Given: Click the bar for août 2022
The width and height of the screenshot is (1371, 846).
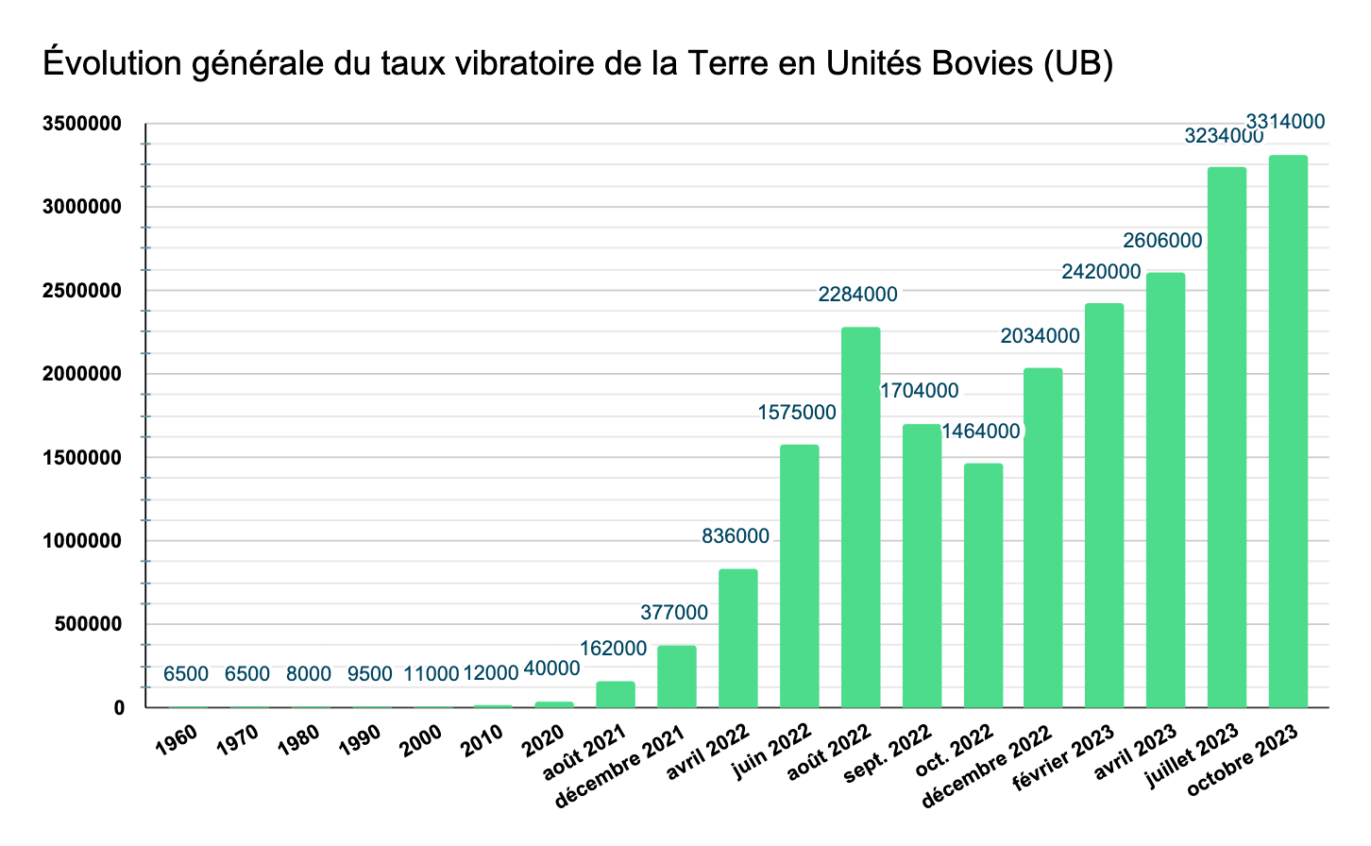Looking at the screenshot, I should (x=860, y=517).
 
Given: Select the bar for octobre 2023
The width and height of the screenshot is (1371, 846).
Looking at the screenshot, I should (x=1288, y=431).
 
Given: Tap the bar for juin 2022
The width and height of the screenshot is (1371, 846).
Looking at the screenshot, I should (x=799, y=576).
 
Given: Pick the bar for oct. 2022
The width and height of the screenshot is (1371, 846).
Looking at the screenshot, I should (x=983, y=585).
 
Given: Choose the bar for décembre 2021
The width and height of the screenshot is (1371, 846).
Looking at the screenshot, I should (x=677, y=676).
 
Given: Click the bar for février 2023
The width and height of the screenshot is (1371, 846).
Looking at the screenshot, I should (x=1105, y=505).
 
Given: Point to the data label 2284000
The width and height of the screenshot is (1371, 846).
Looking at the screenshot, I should (x=857, y=295).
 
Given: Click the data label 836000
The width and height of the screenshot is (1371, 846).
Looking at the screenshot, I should (x=736, y=536).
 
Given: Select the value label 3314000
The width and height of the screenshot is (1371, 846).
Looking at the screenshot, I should (x=1285, y=122).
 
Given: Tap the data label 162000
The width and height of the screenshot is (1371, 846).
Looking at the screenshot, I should (x=613, y=649).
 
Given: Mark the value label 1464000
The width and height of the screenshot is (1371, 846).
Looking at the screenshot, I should (x=981, y=431).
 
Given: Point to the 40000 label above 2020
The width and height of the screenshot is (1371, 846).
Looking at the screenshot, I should (x=551, y=668).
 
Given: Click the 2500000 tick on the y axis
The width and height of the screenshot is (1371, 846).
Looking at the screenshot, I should (x=81, y=291).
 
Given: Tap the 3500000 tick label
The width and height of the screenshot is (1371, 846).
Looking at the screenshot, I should (x=81, y=124).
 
